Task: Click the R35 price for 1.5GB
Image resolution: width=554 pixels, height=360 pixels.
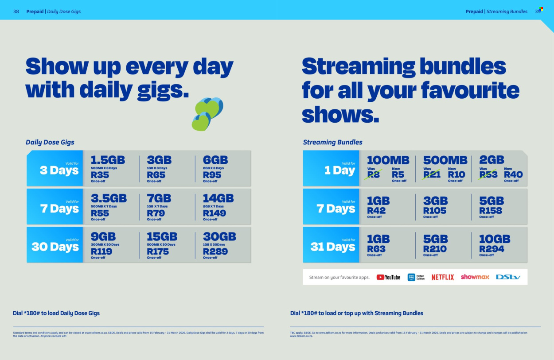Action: coord(100,175)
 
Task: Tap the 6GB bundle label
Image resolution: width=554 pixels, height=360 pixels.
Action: coord(215,160)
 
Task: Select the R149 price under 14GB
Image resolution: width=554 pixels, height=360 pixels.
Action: coord(215,213)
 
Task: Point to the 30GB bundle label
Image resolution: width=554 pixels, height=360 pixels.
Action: coord(219,237)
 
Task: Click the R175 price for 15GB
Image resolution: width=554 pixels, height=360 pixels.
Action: coord(158,252)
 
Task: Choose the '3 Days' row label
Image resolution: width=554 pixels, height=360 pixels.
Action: coord(59,170)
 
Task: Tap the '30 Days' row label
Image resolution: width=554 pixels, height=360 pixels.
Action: coord(55,247)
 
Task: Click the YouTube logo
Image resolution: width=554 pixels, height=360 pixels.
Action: coord(388,277)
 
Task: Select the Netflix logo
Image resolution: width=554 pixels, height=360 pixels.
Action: coord(442,277)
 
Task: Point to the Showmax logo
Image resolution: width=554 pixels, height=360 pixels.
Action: coord(475,277)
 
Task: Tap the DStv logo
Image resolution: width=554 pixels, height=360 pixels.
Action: coord(508,277)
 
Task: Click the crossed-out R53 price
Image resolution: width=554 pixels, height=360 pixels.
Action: coord(488,175)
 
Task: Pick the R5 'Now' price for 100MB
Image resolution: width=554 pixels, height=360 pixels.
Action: coord(398,175)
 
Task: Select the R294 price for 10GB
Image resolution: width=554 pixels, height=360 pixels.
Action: coord(492,249)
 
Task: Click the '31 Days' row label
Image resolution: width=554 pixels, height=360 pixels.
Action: coord(332,247)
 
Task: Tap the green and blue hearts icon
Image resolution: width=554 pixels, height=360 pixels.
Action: coord(207,114)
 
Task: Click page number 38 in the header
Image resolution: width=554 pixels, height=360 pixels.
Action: coord(16,12)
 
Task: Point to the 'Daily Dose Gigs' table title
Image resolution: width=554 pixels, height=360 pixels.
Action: coord(50,142)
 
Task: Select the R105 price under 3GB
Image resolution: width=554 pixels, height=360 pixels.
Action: coord(435,211)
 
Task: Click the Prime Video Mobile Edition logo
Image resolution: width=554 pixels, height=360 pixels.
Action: coord(416,277)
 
